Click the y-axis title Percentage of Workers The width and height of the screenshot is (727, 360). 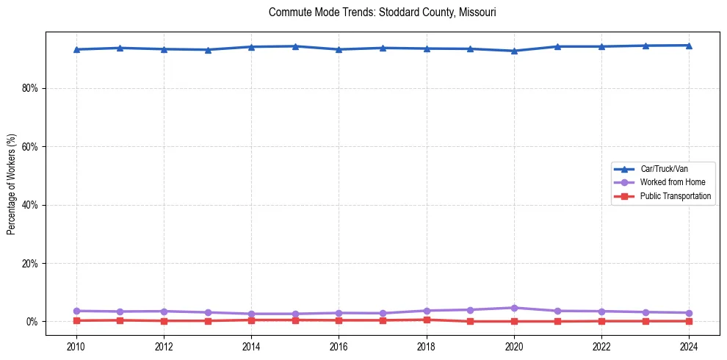tap(11, 184)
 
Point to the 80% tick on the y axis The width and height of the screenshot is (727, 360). tap(30, 88)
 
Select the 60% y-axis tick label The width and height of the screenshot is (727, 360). tap(30, 146)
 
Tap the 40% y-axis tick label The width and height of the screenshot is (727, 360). tap(30, 205)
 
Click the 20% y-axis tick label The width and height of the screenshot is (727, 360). tap(30, 263)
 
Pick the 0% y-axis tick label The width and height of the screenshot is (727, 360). tap(33, 322)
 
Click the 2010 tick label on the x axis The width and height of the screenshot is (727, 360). tap(76, 346)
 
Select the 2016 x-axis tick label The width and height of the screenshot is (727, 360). tap(339, 346)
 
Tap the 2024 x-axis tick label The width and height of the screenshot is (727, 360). tap(689, 346)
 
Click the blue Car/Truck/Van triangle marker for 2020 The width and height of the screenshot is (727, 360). tap(514, 51)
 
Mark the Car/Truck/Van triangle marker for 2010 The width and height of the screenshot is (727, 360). tap(76, 49)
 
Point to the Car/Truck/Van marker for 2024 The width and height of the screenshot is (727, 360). tap(689, 46)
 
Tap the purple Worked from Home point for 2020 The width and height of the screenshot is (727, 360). tap(514, 308)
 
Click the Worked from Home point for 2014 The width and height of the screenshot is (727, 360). tap(251, 314)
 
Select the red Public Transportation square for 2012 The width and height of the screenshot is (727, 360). tap(164, 321)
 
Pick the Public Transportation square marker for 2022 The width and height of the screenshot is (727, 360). tap(601, 321)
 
